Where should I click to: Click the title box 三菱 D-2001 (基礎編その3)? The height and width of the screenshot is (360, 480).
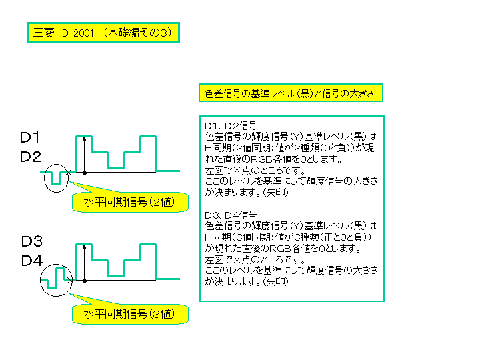point(103,33)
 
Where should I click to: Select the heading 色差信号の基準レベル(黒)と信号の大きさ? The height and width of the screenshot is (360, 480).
point(291,93)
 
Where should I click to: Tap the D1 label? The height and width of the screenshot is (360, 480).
point(30,137)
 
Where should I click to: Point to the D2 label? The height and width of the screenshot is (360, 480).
point(30,157)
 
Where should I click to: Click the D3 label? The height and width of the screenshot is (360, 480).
point(31,241)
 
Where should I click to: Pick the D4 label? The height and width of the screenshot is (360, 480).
point(32,261)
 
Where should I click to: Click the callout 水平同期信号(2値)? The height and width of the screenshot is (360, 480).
point(130,202)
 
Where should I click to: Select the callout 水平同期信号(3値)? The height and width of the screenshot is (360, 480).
point(130,314)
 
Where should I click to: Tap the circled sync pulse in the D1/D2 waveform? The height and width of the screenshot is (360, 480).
point(56,178)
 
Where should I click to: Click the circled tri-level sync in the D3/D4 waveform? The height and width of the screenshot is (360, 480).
point(56,280)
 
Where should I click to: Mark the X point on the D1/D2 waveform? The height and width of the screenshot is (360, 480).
point(69,173)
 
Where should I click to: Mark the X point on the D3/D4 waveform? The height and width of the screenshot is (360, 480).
point(70,280)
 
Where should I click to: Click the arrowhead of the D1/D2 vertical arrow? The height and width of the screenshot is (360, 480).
point(85,139)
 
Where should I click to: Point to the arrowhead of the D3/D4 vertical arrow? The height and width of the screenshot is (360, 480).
point(85,247)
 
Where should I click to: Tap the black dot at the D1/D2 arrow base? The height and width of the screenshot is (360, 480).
point(85,173)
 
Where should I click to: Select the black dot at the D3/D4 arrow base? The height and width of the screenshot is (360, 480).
point(85,281)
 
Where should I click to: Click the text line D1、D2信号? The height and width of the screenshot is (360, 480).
point(231,125)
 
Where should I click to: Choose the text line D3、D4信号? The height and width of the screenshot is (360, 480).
point(231,215)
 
